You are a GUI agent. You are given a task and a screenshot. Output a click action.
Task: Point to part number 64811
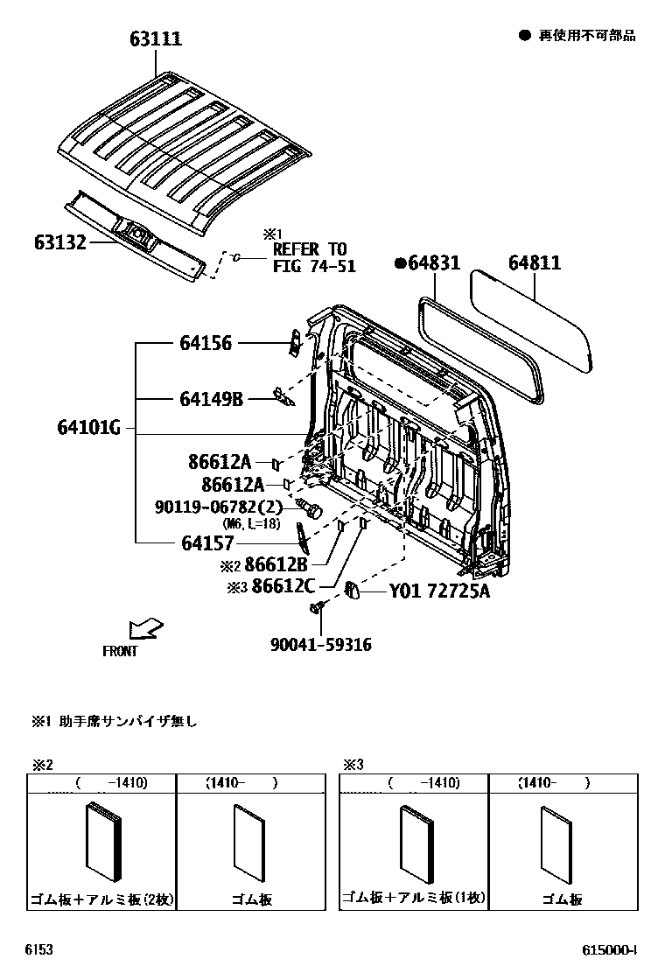pyautogui.click(x=535, y=262)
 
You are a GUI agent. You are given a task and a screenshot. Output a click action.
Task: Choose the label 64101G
pyautogui.click(x=88, y=429)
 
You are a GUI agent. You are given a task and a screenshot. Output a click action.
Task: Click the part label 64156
pyautogui.click(x=206, y=343)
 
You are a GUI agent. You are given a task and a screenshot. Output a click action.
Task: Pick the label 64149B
pyautogui.click(x=211, y=399)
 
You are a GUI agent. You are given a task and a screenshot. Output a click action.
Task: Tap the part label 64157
pyautogui.click(x=206, y=542)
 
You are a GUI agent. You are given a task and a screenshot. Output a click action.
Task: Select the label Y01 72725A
pyautogui.click(x=439, y=592)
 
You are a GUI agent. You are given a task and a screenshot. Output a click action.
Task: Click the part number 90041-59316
pyautogui.click(x=321, y=645)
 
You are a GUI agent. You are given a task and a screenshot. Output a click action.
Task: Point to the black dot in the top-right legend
pyautogui.click(x=525, y=35)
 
